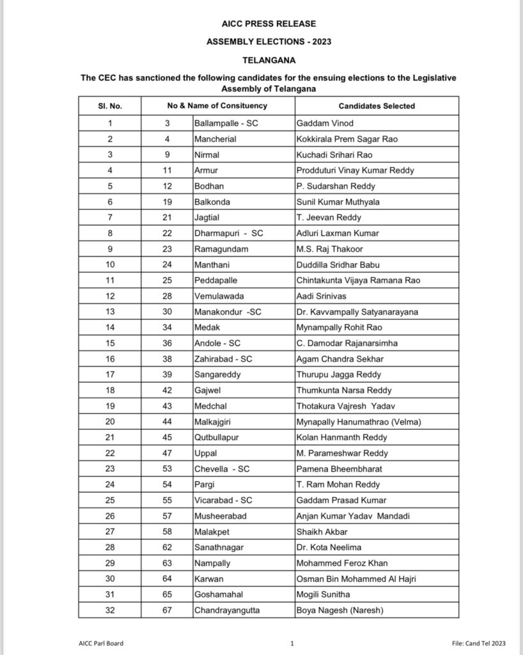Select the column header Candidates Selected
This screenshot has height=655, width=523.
[377, 106]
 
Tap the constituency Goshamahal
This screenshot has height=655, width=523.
[219, 594]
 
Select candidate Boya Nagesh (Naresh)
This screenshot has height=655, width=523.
[339, 610]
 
